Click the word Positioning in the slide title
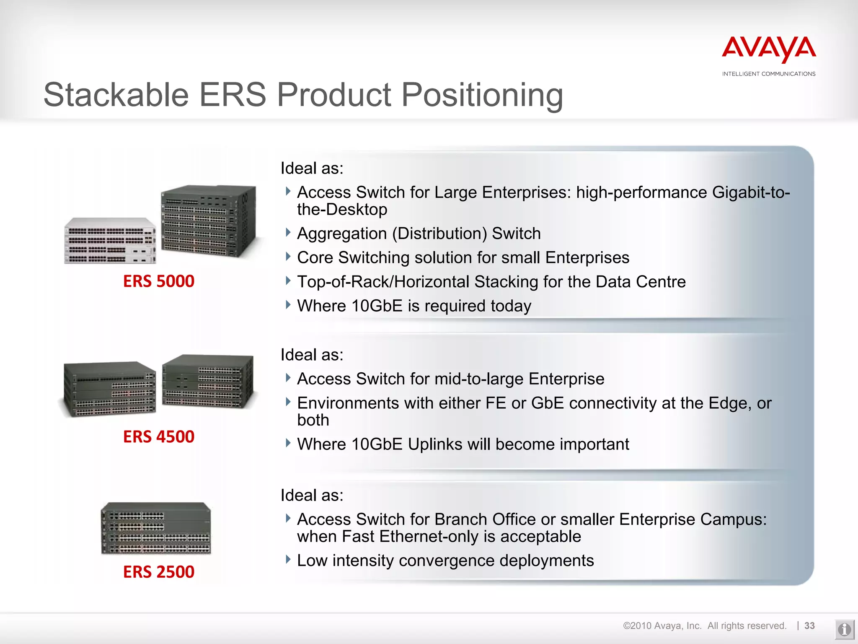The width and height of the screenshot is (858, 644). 482,95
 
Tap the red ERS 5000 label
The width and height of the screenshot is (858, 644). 159,281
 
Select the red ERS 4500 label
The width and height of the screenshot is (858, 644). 159,437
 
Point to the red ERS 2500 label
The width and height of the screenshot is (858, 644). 159,572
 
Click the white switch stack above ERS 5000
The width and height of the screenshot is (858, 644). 110,241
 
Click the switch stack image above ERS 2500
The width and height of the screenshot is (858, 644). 156,528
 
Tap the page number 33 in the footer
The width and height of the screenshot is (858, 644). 809,626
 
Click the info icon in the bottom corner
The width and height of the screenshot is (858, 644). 844,629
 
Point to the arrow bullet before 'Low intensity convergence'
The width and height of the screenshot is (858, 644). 288,559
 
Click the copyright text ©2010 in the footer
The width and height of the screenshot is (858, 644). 637,626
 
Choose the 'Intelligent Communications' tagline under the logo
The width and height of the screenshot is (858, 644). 769,74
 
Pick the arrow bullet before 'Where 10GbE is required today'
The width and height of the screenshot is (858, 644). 288,304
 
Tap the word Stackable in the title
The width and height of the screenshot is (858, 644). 116,95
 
